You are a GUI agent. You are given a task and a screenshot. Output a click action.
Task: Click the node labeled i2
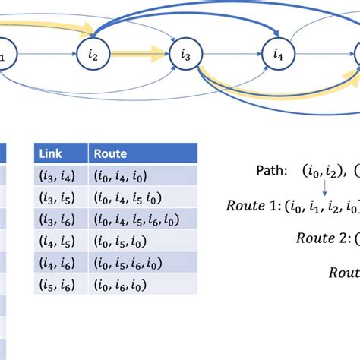(x=94, y=54)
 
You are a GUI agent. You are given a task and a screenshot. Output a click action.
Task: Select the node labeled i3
(x=185, y=54)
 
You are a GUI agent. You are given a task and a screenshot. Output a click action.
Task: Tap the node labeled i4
(x=277, y=54)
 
